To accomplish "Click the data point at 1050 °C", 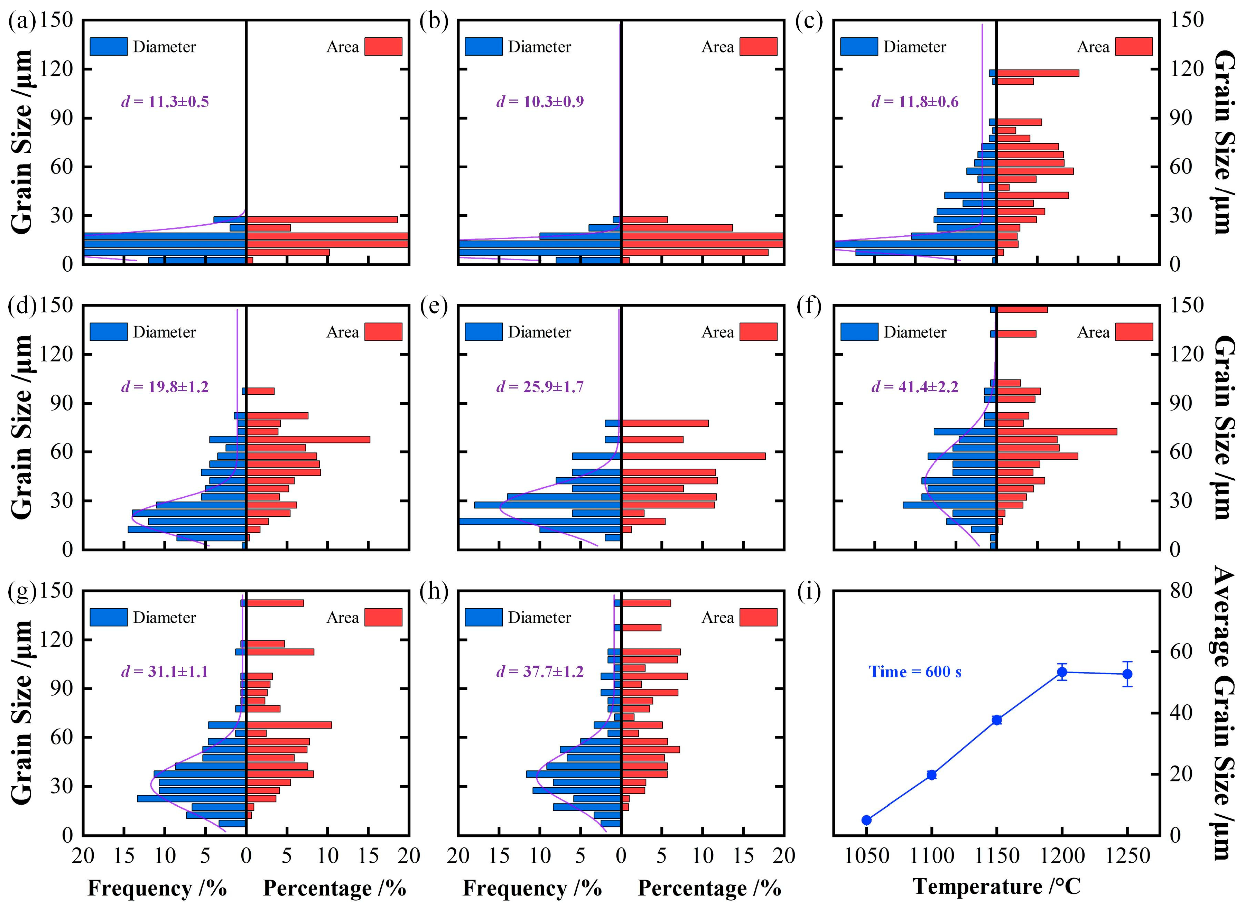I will pos(866,820).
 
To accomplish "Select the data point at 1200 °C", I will pos(1062,672).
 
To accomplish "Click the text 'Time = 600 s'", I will pos(915,672).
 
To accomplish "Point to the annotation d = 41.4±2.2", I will pos(914,387).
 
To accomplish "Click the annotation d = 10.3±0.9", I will pos(540,101).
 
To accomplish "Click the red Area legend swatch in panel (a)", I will pos(383,47).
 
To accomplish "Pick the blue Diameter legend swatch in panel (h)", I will pos(483,617).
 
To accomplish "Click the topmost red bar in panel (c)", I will pos(1037,73).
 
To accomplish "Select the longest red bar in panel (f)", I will pos(1057,431).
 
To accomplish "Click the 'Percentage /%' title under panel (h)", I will pos(709,888).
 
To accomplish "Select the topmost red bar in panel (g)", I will pos(274,603).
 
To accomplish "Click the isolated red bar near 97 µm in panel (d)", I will pos(260,391).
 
